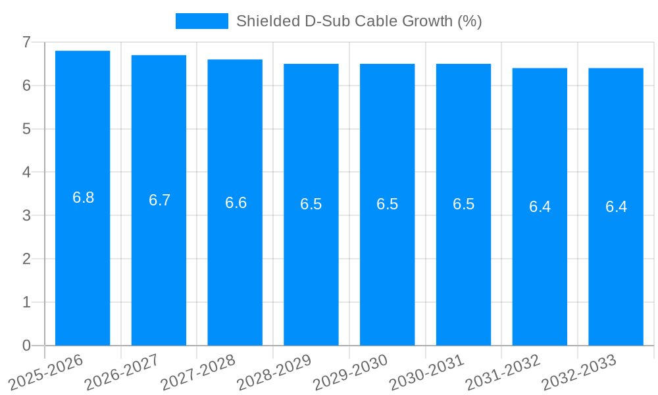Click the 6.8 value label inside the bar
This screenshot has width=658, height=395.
(x=83, y=197)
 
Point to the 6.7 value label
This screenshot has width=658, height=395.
(x=159, y=200)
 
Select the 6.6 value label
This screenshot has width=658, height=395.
(x=236, y=203)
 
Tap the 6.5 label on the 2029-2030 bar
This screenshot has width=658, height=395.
(x=387, y=204)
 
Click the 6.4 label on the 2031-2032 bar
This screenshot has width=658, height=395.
(x=540, y=207)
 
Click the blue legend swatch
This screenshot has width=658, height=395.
(x=201, y=21)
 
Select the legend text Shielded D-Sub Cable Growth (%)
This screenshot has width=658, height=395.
(x=359, y=21)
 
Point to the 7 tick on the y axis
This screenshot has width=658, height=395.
(x=26, y=42)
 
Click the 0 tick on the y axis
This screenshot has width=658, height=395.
(x=26, y=346)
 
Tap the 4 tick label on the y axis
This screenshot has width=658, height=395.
(x=26, y=172)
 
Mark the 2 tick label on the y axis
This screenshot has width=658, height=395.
(x=26, y=259)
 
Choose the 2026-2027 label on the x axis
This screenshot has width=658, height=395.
(x=122, y=371)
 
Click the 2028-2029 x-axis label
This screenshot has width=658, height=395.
(x=274, y=371)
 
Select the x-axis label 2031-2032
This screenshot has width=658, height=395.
(x=503, y=371)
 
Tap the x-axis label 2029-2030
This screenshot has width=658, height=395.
(x=351, y=371)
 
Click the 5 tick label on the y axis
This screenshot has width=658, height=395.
(x=26, y=129)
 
